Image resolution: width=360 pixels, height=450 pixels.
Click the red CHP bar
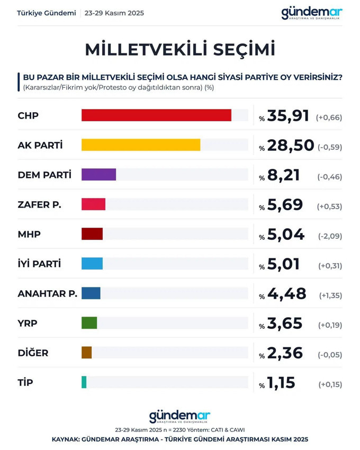click(x=156, y=115)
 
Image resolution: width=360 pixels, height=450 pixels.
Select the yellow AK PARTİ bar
click(x=141, y=145)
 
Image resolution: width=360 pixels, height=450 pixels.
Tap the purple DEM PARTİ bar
click(x=98, y=174)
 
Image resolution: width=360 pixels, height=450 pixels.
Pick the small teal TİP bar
click(x=84, y=382)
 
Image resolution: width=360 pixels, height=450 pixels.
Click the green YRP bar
click(x=89, y=322)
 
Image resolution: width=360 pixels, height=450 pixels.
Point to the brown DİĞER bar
click(x=86, y=352)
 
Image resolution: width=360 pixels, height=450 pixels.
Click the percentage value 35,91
click(x=289, y=115)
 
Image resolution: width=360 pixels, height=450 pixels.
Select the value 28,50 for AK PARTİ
click(x=291, y=145)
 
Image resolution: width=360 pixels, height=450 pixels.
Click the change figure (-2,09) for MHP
click(x=330, y=235)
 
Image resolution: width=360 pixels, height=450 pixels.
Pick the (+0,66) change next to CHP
click(x=329, y=117)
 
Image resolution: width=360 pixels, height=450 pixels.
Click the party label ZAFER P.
click(x=40, y=204)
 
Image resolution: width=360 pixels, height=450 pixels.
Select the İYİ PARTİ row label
click(x=39, y=264)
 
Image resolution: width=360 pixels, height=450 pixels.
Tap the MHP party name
click(x=29, y=234)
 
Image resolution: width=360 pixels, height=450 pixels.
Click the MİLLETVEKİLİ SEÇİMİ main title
click(x=180, y=49)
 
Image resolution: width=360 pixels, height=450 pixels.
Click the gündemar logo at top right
click(x=312, y=13)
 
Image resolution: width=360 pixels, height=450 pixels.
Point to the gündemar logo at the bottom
click(x=180, y=416)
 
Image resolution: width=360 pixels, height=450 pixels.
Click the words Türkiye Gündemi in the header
click(x=47, y=13)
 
